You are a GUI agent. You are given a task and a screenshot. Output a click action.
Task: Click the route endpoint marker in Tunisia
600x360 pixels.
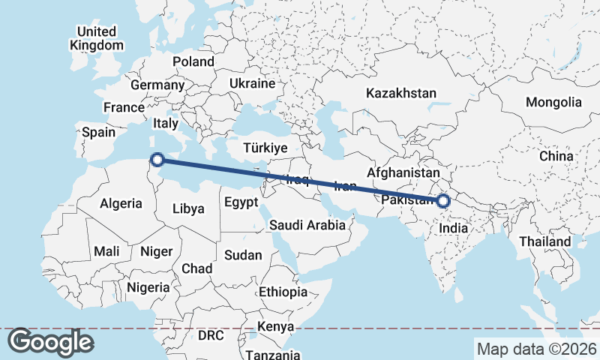[x=157, y=159]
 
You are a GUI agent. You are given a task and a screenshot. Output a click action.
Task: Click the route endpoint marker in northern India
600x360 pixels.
[x=443, y=200]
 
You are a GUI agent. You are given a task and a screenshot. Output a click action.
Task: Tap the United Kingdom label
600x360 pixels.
[x=97, y=38]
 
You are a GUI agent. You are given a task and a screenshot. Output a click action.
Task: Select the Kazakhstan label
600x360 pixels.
[x=400, y=93]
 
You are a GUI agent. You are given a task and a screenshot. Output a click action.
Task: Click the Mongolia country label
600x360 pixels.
[x=553, y=102]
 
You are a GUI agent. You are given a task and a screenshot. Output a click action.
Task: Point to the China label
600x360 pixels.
[x=556, y=155]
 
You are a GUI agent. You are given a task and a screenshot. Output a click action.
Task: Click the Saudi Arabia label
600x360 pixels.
[x=307, y=224]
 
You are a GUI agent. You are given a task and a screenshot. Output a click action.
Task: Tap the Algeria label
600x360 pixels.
[x=121, y=203]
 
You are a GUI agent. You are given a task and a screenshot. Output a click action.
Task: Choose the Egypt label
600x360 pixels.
[x=241, y=202]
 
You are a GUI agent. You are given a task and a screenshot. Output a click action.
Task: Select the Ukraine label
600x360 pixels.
[x=253, y=83]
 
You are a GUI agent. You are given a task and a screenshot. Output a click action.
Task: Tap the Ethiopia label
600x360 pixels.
[x=283, y=292]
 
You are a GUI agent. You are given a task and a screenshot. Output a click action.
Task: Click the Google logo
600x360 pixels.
[x=50, y=342]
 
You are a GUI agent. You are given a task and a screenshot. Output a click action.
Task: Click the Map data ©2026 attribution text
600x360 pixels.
[x=536, y=349]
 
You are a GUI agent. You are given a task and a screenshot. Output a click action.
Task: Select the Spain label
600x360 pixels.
[x=98, y=132]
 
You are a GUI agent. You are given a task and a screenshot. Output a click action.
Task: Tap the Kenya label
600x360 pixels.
[x=275, y=326]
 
